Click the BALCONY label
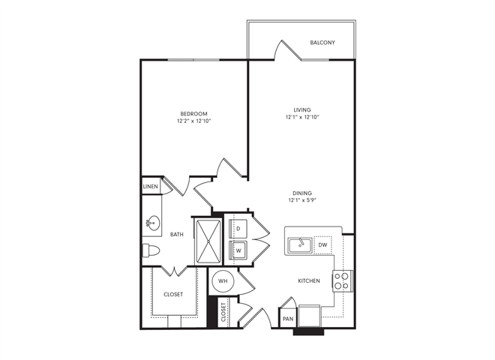pos(322,43)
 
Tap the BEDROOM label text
pos(193,113)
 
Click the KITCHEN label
pos(308,281)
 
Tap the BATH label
pos(176,235)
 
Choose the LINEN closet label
pos(150,187)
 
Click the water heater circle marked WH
pos(223,281)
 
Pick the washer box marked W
pos(238,250)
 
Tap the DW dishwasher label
pos(322,244)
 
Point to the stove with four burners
pos(341,280)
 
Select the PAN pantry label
pos(288,318)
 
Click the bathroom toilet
pos(150,250)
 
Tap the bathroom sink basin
pos(152,222)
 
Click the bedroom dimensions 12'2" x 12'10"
pos(193,121)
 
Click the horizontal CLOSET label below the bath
pos(173,295)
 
